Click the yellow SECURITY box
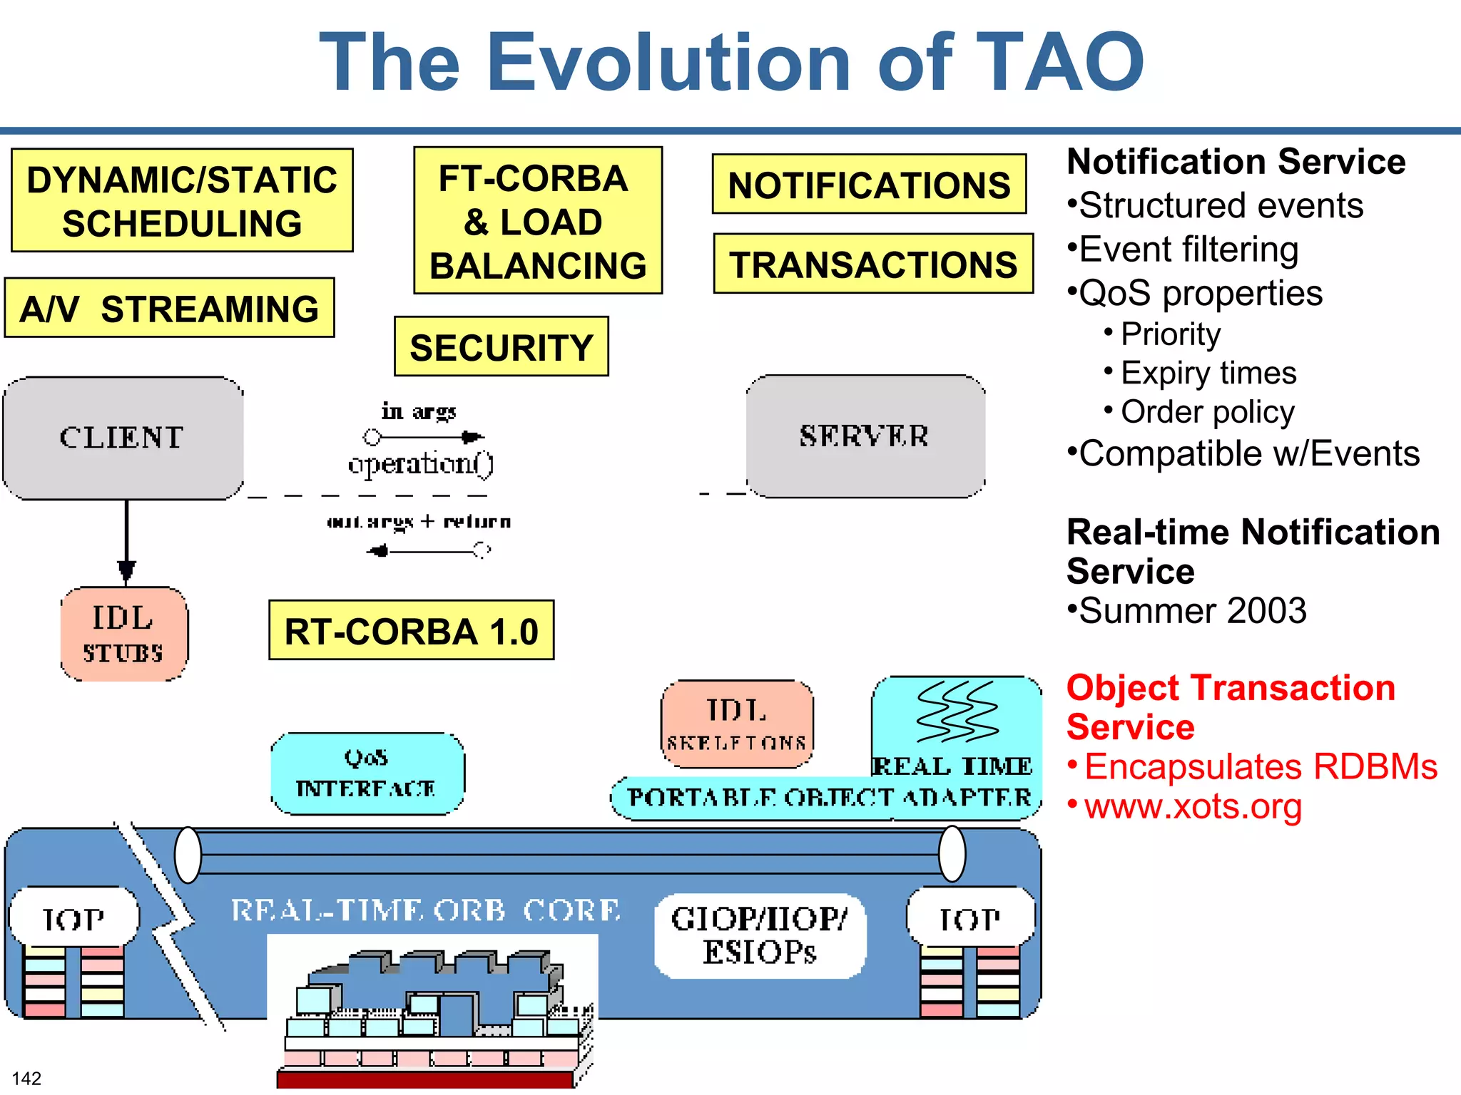(x=501, y=346)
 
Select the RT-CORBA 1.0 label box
(x=411, y=630)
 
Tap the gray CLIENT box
(x=123, y=438)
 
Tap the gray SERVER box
(x=865, y=436)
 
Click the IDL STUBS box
(x=123, y=634)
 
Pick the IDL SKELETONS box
(x=736, y=724)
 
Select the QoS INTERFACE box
(x=367, y=773)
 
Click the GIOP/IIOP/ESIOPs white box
(x=759, y=935)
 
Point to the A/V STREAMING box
(x=169, y=308)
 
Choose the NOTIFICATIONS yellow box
(x=869, y=185)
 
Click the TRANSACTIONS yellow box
(x=873, y=264)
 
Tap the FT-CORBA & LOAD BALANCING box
(x=538, y=221)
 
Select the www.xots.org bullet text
(x=1193, y=806)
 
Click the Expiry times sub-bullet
(x=1208, y=373)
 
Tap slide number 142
(x=26, y=1078)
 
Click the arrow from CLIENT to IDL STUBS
(x=126, y=542)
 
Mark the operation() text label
(x=421, y=464)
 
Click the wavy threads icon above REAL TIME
(x=957, y=711)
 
